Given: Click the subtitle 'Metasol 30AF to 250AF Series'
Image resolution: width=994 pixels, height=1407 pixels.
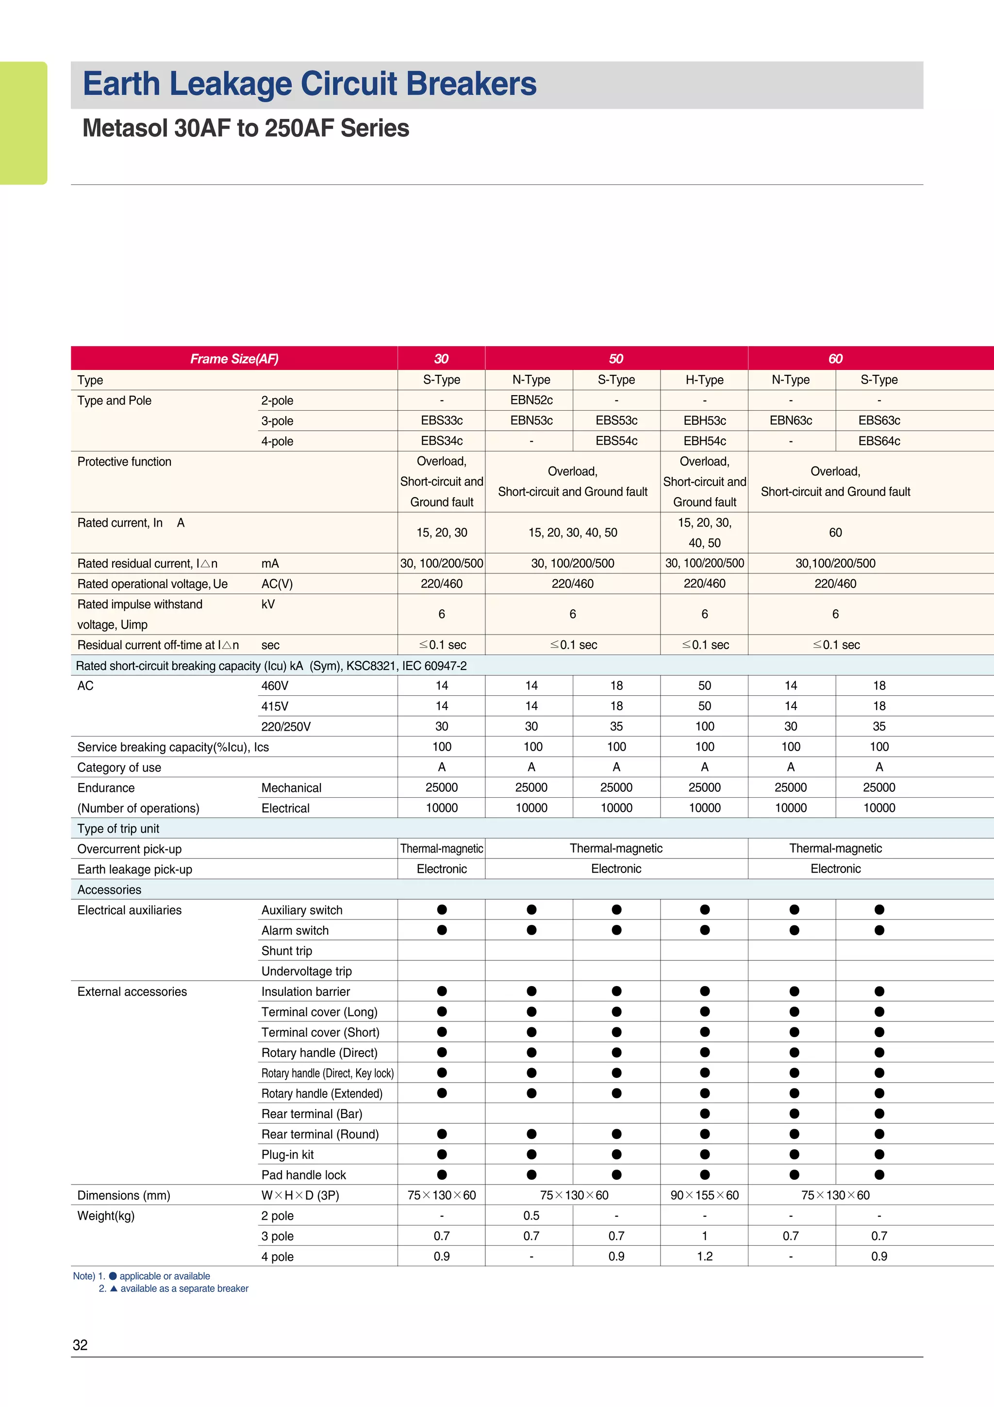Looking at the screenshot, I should tap(246, 128).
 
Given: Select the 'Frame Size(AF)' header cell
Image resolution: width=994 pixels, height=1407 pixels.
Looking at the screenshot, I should tap(234, 358).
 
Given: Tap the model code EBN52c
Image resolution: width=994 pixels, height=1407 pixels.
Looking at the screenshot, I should tap(531, 400).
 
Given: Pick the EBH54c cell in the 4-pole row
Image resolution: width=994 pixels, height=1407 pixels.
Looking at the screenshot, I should tap(704, 441).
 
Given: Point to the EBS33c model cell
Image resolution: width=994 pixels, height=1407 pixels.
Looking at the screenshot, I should tap(442, 420).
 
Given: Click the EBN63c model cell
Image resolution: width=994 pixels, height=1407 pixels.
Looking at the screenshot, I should tap(791, 420).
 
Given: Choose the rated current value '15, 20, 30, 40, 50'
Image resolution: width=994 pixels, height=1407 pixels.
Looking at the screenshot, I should tap(573, 533).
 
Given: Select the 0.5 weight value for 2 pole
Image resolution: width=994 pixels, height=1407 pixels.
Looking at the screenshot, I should tap(531, 1215).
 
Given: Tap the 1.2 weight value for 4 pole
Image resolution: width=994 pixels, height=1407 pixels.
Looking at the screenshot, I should tap(704, 1256).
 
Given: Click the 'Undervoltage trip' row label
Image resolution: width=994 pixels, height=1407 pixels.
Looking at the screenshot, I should tap(306, 971).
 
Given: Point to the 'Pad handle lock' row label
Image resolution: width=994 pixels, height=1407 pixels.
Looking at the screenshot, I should tap(303, 1175).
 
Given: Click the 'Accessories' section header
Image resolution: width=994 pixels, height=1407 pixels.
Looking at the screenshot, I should tap(109, 890).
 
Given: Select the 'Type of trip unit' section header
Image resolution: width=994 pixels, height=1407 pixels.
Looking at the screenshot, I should tap(118, 828).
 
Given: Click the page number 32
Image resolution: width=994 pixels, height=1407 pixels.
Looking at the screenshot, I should tap(80, 1345).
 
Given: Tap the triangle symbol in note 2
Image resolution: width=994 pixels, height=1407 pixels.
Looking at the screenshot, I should tap(113, 1289).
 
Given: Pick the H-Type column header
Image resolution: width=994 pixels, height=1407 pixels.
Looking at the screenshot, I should tap(704, 380).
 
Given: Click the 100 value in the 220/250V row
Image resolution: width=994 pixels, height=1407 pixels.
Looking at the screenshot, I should tap(704, 726).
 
